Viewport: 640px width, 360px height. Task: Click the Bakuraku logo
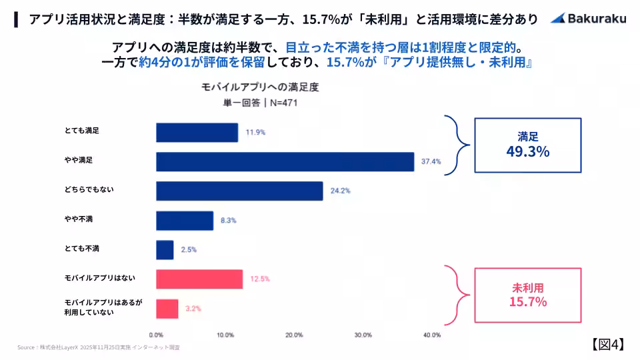[x=588, y=19]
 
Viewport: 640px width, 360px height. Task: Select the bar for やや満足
[x=285, y=161]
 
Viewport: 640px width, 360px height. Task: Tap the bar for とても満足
[x=197, y=132]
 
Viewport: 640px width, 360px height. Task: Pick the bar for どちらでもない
[x=239, y=191]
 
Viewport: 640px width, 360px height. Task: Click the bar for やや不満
[x=185, y=220]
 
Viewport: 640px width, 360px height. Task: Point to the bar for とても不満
[x=165, y=249]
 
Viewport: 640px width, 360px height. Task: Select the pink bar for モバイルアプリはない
[x=199, y=279]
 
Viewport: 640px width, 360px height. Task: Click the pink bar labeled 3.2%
[x=167, y=308]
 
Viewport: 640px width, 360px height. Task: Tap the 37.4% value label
[x=431, y=161]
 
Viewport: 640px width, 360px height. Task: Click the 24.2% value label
[x=340, y=191]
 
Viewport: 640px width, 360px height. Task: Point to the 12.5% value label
[x=260, y=279]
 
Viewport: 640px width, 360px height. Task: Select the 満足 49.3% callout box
[x=527, y=145]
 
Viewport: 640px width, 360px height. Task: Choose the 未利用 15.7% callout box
[x=527, y=295]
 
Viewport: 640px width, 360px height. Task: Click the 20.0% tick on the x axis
[x=294, y=335]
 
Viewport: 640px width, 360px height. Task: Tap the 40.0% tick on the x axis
[x=431, y=335]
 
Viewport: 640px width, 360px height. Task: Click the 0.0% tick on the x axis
[x=156, y=335]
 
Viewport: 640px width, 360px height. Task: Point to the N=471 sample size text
[x=273, y=103]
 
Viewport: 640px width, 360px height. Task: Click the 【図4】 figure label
[x=607, y=344]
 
